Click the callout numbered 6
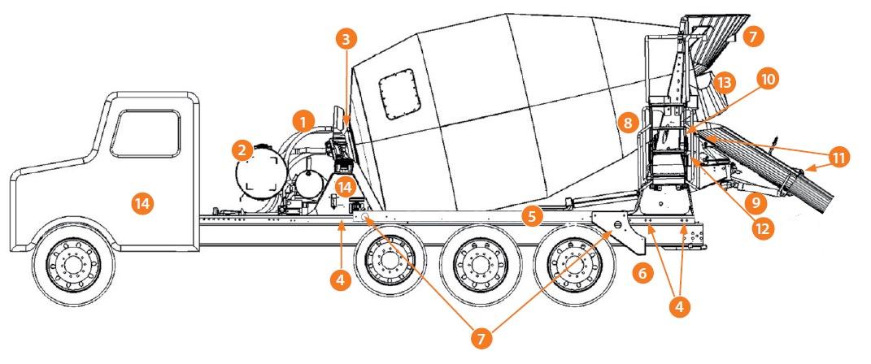point(642,274)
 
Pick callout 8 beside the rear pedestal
point(627,123)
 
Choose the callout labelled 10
point(768,79)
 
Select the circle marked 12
point(762,228)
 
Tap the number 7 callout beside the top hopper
point(753,37)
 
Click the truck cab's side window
point(145,133)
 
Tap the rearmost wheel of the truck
point(566,262)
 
